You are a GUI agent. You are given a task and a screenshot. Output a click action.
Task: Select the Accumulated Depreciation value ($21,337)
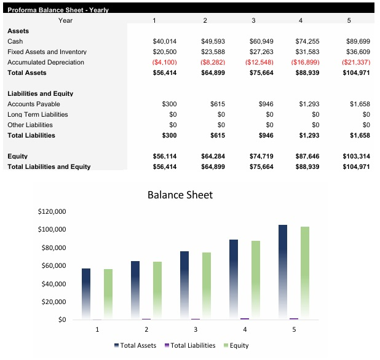point(355,62)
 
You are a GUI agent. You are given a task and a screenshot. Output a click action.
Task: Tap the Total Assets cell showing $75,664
point(261,72)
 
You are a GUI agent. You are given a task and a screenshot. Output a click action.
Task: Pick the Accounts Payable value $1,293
point(309,104)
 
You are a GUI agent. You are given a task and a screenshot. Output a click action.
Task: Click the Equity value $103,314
point(356,156)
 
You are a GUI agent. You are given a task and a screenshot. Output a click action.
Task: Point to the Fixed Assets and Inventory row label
point(47,52)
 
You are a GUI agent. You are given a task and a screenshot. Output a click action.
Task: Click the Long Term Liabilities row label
point(38,114)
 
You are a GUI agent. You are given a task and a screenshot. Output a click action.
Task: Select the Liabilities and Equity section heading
point(40,93)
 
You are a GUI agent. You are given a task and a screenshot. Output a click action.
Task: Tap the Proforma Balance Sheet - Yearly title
point(49,9)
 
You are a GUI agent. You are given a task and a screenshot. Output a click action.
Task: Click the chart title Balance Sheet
point(180,195)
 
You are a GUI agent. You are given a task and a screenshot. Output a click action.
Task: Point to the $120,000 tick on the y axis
point(52,211)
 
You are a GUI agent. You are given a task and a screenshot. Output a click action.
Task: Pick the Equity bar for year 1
point(108,294)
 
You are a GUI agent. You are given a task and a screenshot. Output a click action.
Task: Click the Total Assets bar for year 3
point(184,285)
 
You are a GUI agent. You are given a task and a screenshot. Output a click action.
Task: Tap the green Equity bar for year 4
point(256,280)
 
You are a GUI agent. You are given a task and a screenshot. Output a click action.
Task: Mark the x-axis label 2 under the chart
point(146,330)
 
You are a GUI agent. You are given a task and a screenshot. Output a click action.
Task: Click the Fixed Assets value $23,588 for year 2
point(213,52)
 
